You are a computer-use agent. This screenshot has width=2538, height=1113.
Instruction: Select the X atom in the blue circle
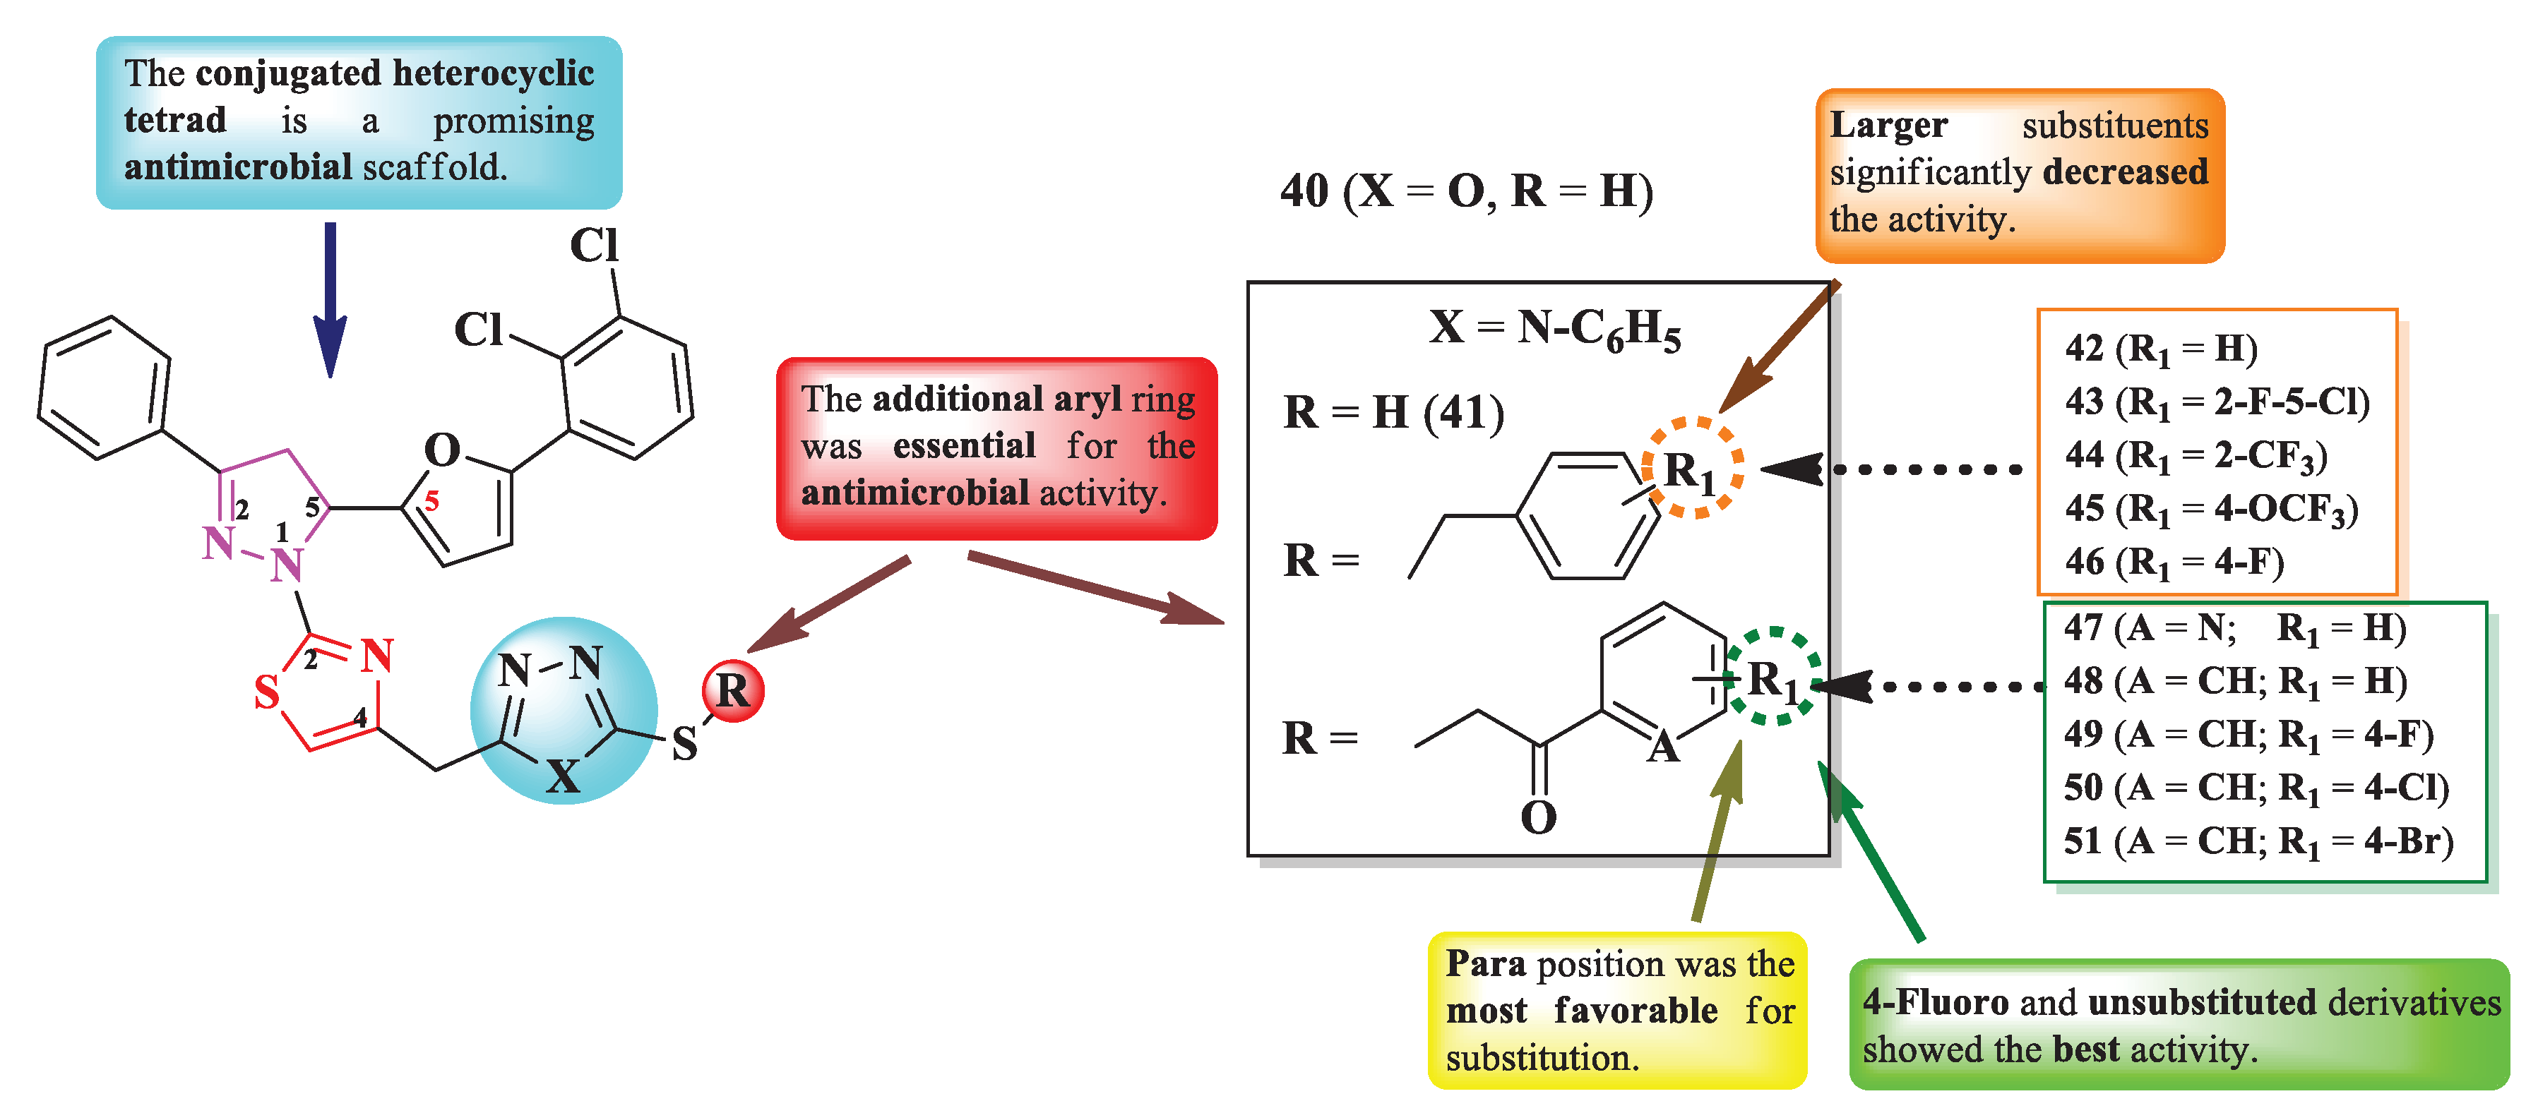pyautogui.click(x=563, y=777)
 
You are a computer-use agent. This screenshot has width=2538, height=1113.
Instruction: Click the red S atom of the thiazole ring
pyautogui.click(x=267, y=692)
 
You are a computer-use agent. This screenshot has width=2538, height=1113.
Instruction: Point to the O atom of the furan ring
pyautogui.click(x=442, y=451)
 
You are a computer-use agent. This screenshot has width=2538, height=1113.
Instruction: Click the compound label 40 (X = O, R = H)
pyautogui.click(x=1466, y=191)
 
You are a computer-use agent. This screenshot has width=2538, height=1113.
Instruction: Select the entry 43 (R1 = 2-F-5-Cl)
pyautogui.click(x=2217, y=402)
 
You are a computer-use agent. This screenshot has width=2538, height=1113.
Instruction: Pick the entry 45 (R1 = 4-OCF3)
pyautogui.click(x=2211, y=510)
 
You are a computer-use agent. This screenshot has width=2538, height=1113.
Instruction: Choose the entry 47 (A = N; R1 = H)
pyautogui.click(x=2234, y=627)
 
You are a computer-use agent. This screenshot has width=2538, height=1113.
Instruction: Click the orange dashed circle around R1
pyautogui.click(x=1692, y=468)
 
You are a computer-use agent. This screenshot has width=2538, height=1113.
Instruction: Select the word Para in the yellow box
pyautogui.click(x=1485, y=963)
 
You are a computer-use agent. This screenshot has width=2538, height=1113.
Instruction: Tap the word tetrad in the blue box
pyautogui.click(x=174, y=120)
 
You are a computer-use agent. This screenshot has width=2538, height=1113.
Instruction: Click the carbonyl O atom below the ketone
pyautogui.click(x=1538, y=817)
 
